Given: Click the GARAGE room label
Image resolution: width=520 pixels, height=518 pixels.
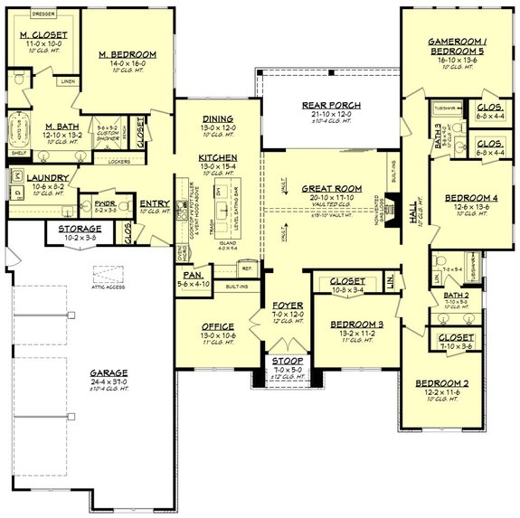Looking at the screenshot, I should click(108, 372).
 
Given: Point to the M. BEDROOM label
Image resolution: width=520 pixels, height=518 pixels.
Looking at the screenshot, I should click(127, 55).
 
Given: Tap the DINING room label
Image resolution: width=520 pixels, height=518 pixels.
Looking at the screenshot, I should click(218, 118).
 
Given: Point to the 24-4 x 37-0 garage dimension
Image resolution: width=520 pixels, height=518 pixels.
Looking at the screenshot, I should click(108, 381).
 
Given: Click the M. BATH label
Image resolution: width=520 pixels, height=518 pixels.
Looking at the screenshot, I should click(37, 127).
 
